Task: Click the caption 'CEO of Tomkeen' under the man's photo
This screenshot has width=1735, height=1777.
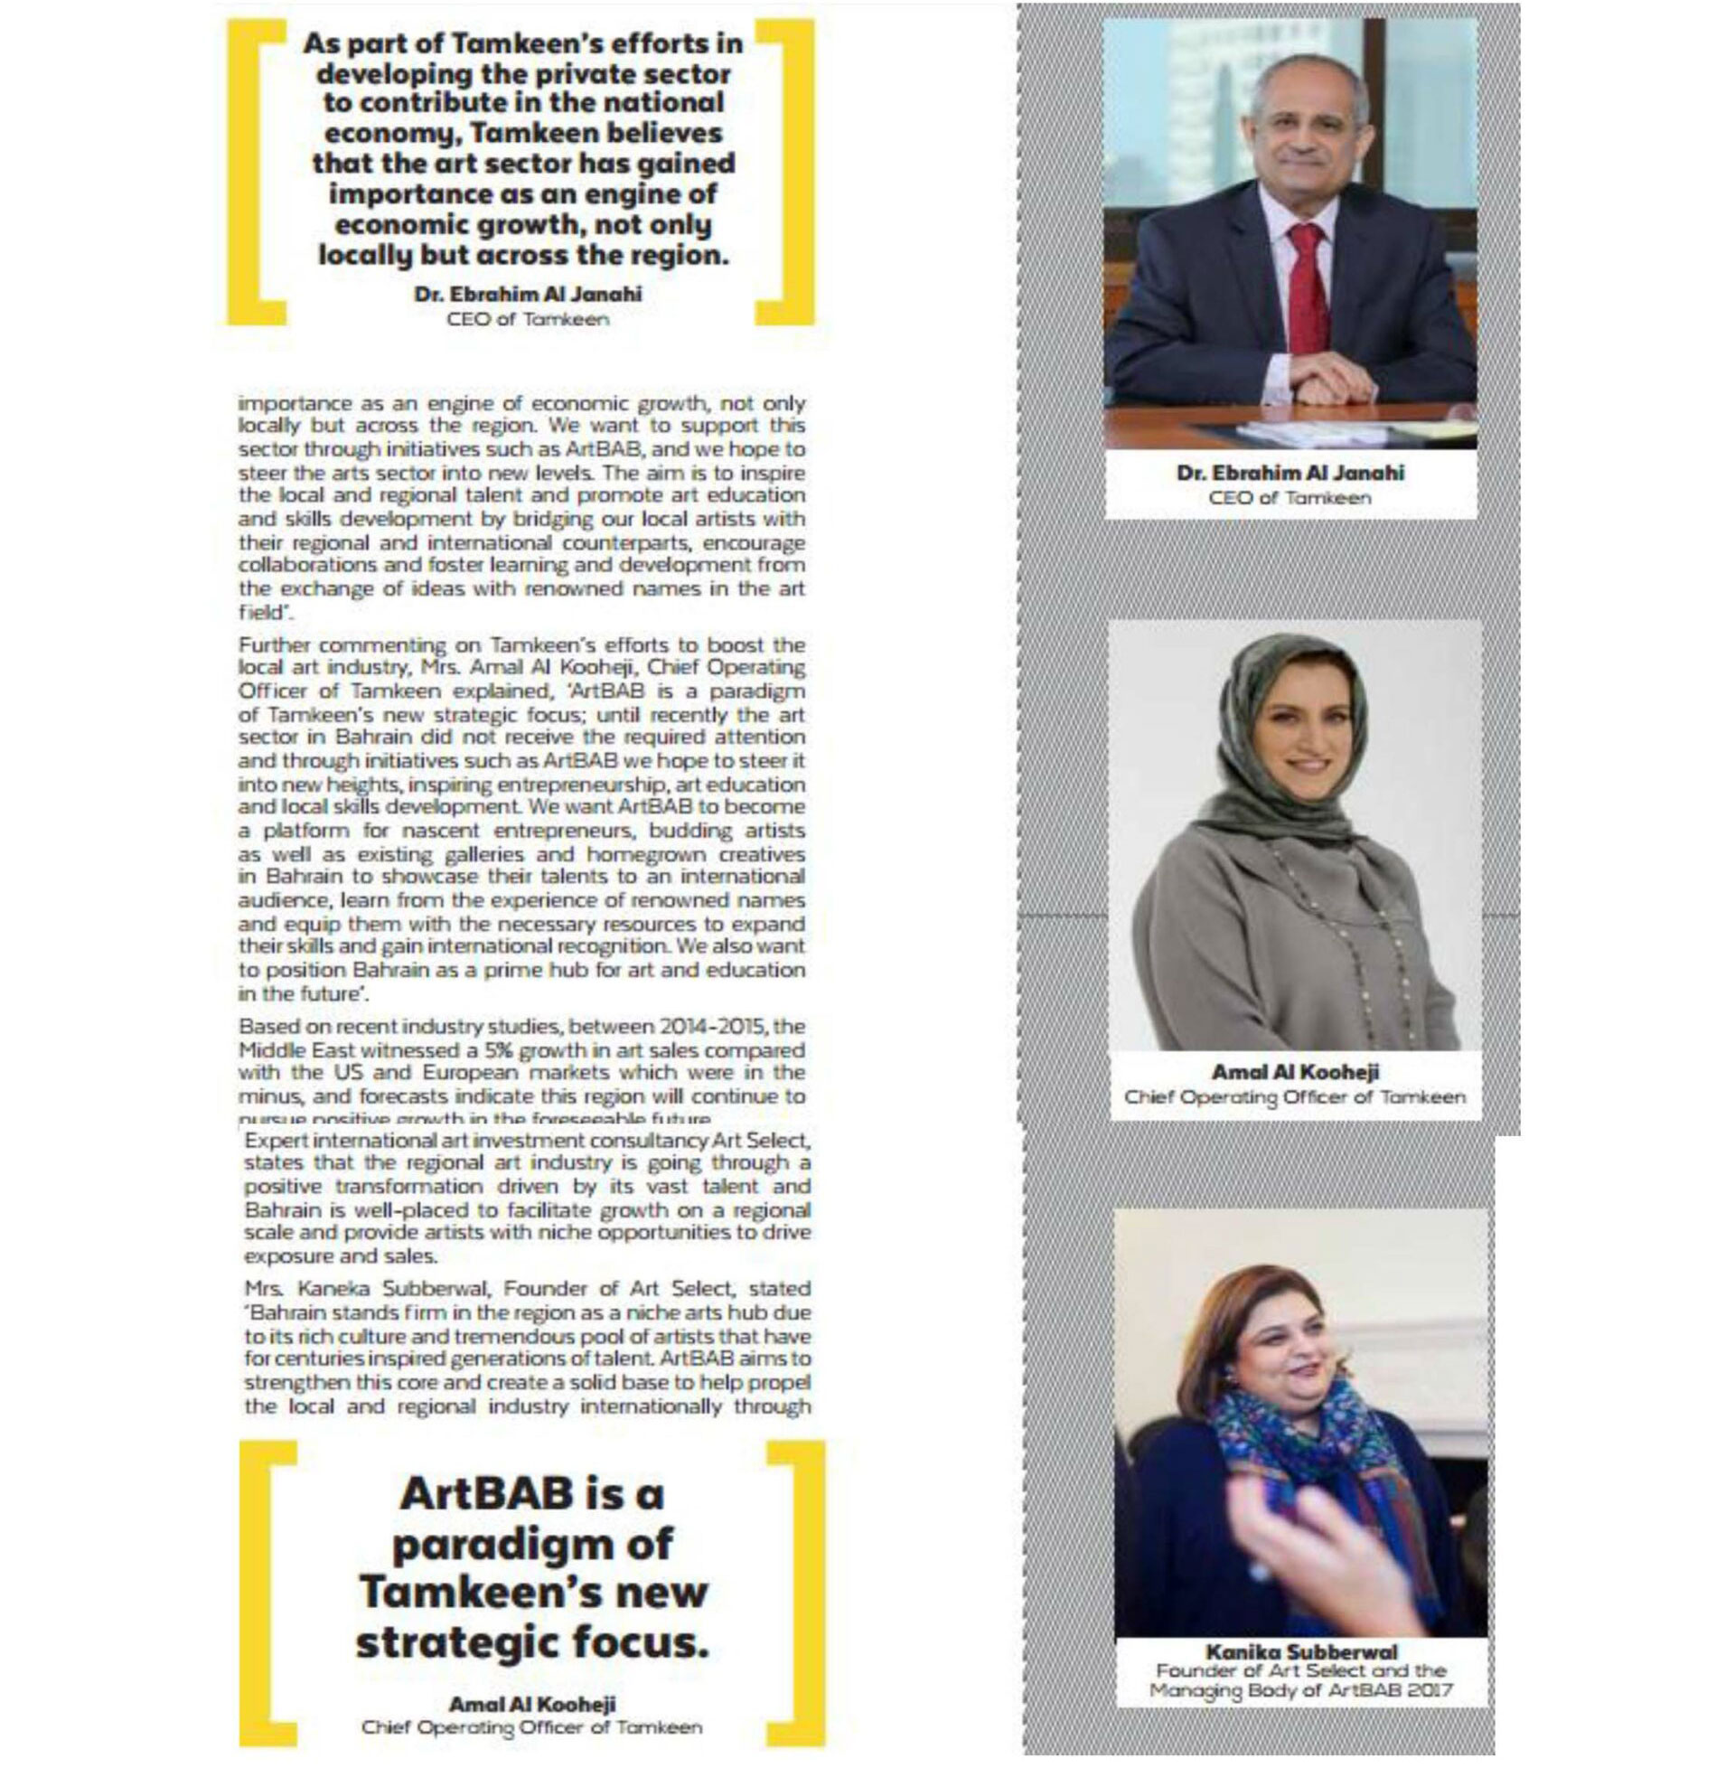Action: click(x=1289, y=498)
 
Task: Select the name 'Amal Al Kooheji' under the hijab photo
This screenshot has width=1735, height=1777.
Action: click(x=1295, y=1073)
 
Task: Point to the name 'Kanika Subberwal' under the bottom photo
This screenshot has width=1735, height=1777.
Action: click(x=1300, y=1651)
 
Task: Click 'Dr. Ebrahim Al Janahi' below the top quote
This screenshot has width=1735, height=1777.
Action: click(x=528, y=295)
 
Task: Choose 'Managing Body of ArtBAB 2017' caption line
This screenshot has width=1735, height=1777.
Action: click(x=1300, y=1691)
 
